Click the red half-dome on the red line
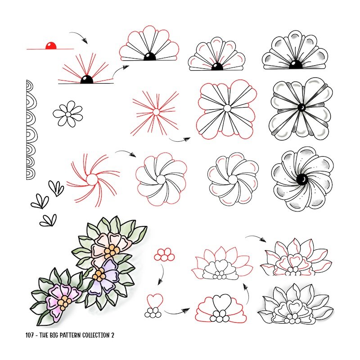(51, 46)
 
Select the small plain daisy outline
(68, 114)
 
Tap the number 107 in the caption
(29, 335)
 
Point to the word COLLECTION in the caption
(96, 335)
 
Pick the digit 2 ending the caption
(112, 335)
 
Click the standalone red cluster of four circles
(164, 255)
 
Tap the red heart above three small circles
(155, 301)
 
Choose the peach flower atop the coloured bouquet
(110, 248)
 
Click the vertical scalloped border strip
(31, 130)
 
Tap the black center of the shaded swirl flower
(301, 179)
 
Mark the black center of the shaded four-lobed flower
(301, 108)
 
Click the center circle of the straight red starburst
(156, 112)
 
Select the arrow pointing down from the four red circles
(161, 274)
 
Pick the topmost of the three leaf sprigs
(56, 188)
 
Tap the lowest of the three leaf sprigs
(48, 220)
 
